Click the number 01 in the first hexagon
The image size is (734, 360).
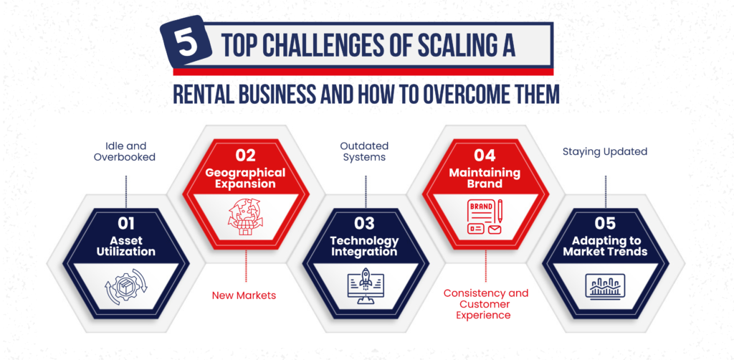[125, 223]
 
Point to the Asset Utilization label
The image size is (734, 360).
[125, 246]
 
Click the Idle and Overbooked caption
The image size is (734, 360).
[125, 152]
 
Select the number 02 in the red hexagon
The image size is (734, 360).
[246, 154]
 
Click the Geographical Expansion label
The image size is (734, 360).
[246, 178]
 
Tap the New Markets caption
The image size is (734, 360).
[244, 295]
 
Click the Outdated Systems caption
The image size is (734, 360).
[364, 152]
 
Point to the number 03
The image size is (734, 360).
[365, 223]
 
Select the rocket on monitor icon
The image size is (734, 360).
[365, 286]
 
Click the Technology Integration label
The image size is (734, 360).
[365, 246]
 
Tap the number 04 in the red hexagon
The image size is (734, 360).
[485, 154]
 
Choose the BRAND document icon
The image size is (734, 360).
[485, 217]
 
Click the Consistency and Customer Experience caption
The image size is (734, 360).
[486, 304]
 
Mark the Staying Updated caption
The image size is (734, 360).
[605, 152]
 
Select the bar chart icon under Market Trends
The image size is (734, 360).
[605, 285]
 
